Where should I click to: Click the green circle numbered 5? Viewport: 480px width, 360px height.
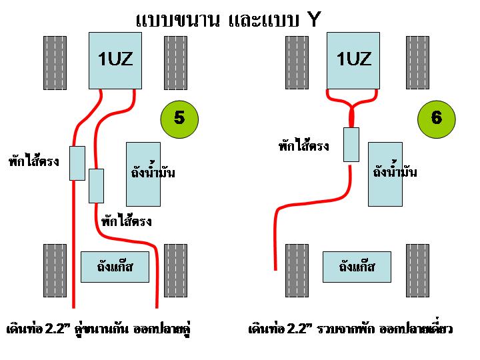click(x=178, y=118)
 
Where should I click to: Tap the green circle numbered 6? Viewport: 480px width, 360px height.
click(x=435, y=118)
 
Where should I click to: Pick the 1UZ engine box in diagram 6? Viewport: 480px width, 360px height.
click(x=353, y=60)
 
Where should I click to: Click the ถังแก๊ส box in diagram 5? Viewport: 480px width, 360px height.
click(x=115, y=267)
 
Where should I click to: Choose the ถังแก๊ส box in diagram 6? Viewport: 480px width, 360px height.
click(x=357, y=267)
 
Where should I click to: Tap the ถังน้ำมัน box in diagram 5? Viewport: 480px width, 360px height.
click(x=143, y=173)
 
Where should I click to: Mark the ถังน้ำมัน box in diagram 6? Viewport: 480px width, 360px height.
click(x=385, y=173)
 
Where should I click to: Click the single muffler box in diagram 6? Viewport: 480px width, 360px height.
click(x=351, y=144)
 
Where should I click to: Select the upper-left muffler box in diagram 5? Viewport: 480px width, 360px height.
click(x=77, y=163)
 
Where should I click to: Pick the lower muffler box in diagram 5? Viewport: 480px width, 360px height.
click(x=96, y=185)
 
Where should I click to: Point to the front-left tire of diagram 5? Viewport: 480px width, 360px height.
click(x=55, y=62)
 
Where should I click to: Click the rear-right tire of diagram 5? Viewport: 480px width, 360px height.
click(x=175, y=270)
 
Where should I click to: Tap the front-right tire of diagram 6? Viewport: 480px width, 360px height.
click(x=418, y=62)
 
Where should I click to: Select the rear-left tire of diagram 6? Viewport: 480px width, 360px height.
click(x=297, y=270)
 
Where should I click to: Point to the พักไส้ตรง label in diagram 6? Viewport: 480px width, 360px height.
click(x=303, y=145)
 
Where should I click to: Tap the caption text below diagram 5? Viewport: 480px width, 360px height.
click(x=103, y=329)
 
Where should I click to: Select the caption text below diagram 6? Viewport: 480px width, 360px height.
click(x=350, y=329)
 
